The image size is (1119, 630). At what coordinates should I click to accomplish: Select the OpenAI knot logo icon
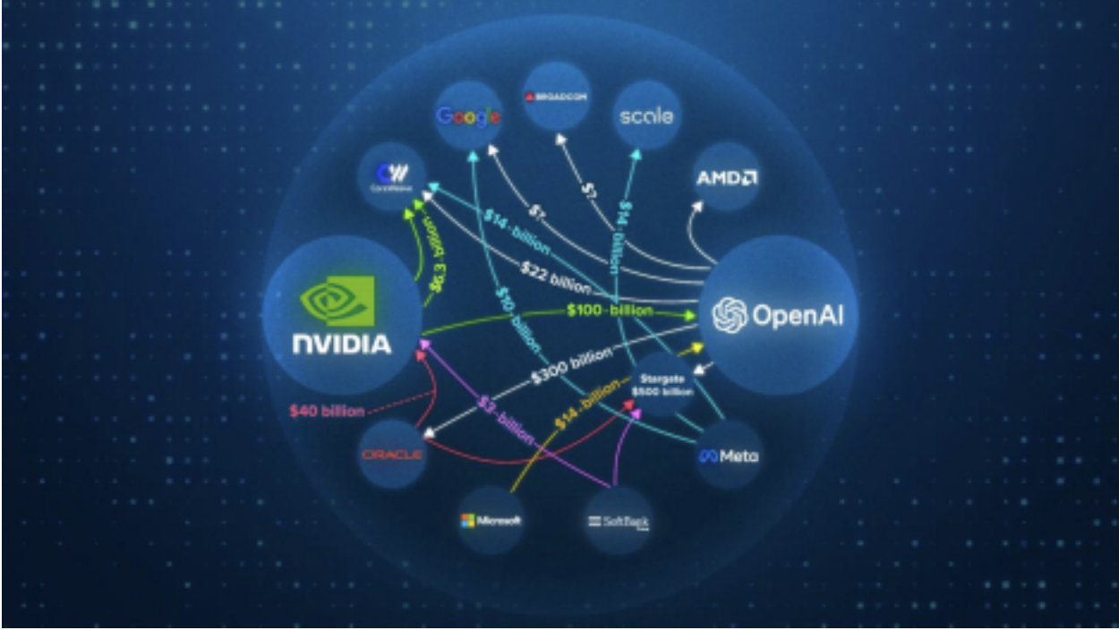[x=730, y=315]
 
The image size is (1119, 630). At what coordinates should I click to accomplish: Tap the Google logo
[x=468, y=116]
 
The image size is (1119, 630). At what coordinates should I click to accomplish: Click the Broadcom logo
[x=556, y=96]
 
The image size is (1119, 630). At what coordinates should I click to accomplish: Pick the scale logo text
[x=645, y=115]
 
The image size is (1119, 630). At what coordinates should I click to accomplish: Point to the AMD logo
[x=727, y=177]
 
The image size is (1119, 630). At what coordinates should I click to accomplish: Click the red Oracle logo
[x=391, y=455]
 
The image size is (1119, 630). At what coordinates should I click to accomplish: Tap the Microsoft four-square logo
[x=466, y=520]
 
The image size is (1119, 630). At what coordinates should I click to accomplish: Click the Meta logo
[x=729, y=456]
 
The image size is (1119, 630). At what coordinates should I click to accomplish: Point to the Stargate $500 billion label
[x=662, y=385]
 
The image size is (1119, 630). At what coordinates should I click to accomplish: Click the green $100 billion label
[x=609, y=311]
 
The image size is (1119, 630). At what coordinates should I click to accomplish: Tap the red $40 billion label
[x=326, y=412]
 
